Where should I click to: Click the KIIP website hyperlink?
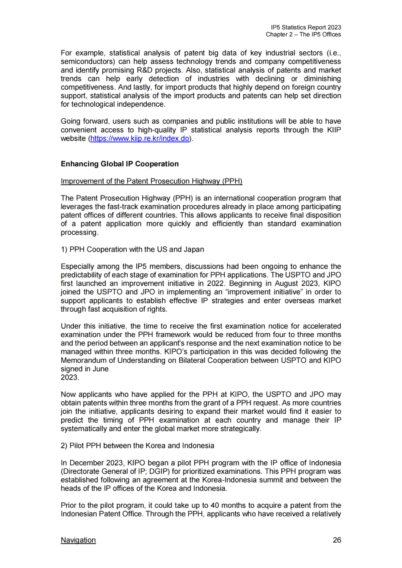point(140,138)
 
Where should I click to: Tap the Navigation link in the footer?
point(78,540)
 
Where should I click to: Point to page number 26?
point(337,540)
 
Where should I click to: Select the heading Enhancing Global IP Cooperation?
point(119,164)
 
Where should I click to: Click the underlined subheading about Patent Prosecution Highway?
point(151,181)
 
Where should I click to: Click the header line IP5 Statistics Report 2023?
point(306,28)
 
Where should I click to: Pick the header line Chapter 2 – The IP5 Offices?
point(303,35)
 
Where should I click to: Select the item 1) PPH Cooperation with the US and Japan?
point(132,249)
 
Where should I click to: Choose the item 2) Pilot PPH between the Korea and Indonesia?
point(137,446)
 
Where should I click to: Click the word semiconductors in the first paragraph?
point(86,61)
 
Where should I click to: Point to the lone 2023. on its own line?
point(70,377)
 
